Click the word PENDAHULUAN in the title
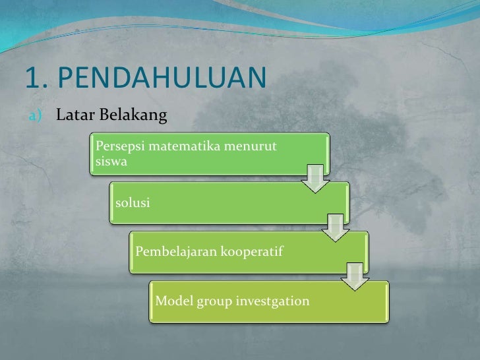click(x=162, y=78)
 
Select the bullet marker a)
click(x=34, y=117)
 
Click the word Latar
click(x=73, y=117)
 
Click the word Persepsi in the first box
click(x=120, y=145)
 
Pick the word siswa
click(x=110, y=160)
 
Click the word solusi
click(x=133, y=202)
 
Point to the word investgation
click(x=274, y=301)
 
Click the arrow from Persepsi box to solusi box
click(x=316, y=177)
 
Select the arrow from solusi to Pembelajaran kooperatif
click(x=336, y=226)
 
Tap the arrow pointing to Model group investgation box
click(x=355, y=275)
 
